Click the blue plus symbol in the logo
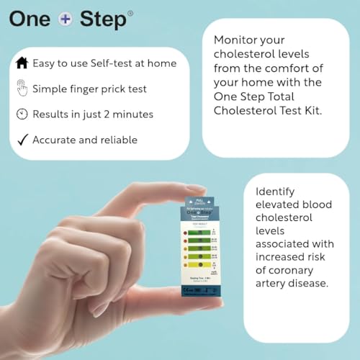tap(66, 19)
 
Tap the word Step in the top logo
tap(103, 19)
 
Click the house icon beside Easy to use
tap(21, 63)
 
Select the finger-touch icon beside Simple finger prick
tap(21, 89)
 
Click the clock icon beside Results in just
tap(21, 114)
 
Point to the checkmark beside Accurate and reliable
tap(21, 140)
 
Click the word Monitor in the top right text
tap(236, 41)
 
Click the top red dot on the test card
tap(186, 233)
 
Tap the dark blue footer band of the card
tap(200, 292)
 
